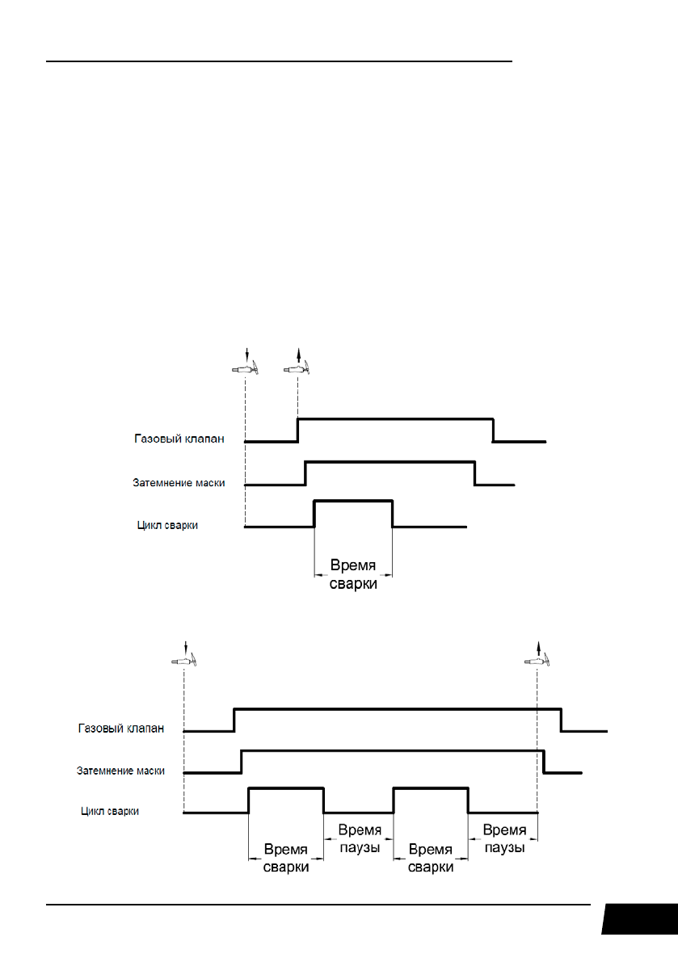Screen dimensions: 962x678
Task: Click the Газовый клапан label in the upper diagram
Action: click(178, 439)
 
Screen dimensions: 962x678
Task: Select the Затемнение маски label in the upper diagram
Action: click(178, 483)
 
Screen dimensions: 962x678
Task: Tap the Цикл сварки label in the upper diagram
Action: click(167, 525)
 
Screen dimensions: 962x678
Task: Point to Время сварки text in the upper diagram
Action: click(353, 573)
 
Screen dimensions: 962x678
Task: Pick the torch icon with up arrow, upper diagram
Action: click(298, 368)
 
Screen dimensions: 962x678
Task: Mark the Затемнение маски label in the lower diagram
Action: click(116, 771)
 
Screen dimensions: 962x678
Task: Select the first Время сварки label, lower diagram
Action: click(286, 858)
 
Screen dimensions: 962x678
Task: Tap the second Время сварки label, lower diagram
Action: click(431, 858)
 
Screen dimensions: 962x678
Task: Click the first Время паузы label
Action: click(359, 838)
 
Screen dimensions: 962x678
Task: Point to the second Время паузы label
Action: click(503, 838)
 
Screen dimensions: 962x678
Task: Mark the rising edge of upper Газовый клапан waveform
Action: click(298, 431)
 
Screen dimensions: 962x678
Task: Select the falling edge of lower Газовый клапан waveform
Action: click(562, 720)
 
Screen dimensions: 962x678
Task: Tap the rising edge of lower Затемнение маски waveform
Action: click(242, 762)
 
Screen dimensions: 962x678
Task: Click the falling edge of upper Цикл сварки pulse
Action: click(392, 514)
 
